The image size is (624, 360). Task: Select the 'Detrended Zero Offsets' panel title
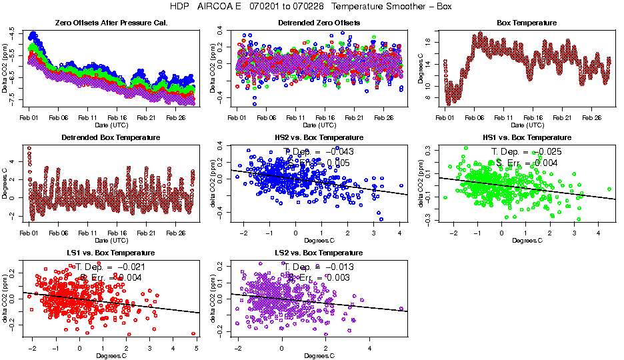[x=319, y=23]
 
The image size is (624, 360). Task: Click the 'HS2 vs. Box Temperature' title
[x=319, y=138]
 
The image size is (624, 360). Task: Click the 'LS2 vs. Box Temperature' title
[x=319, y=253]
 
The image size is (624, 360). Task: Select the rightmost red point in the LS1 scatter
[x=193, y=333]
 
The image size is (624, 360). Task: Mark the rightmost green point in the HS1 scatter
[x=610, y=189]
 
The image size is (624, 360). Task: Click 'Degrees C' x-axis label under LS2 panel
[x=319, y=355]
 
